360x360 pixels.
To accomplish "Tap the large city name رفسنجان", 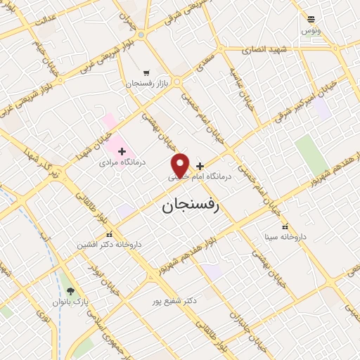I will tap(191, 205).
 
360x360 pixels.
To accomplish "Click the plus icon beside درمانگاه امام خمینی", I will tap(200, 166).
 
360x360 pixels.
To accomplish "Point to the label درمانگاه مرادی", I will tap(122, 161).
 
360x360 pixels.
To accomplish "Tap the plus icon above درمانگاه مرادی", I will tap(122, 150).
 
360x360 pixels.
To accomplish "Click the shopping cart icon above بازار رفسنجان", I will tap(146, 72).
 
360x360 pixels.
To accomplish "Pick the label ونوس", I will tap(310, 31).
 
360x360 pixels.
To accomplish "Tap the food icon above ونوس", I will tap(311, 20).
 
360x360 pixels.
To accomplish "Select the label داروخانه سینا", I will tap(284, 238).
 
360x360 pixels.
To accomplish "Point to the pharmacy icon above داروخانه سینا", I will tap(284, 226).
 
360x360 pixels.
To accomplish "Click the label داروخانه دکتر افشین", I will tap(110, 245).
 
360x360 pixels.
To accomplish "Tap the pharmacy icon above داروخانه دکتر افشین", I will tap(108, 233).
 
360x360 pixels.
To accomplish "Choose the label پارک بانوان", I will tap(68, 302).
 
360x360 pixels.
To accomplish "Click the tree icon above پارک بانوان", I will tap(69, 290).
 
